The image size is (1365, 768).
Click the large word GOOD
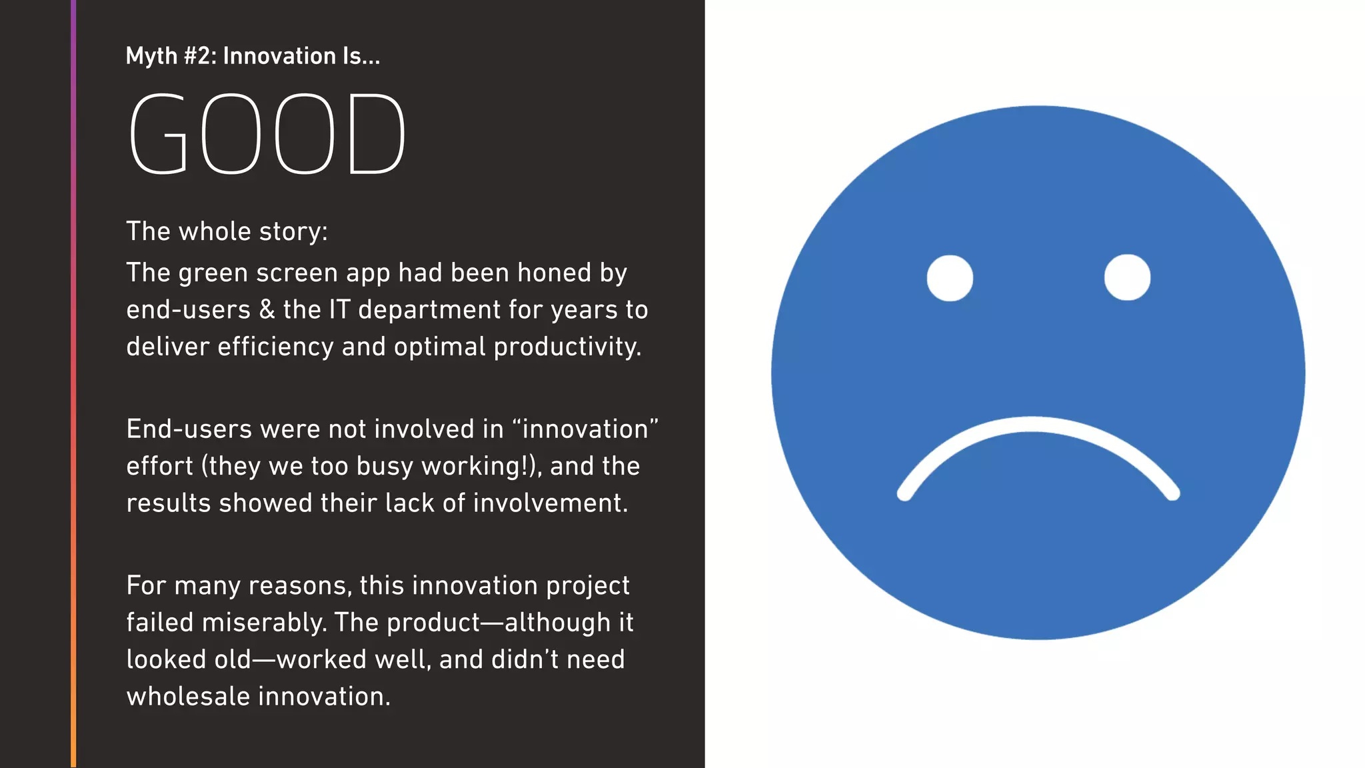click(x=267, y=134)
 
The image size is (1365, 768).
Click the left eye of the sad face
click(x=950, y=278)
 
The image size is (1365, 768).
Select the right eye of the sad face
click(x=1127, y=277)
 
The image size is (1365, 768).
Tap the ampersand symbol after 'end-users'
click(x=267, y=310)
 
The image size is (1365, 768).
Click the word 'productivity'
click(x=567, y=347)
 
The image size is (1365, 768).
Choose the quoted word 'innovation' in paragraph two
click(x=585, y=429)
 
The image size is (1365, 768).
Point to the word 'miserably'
click(x=264, y=623)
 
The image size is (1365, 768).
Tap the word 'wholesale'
click(x=188, y=697)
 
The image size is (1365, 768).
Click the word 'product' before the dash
click(x=433, y=623)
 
